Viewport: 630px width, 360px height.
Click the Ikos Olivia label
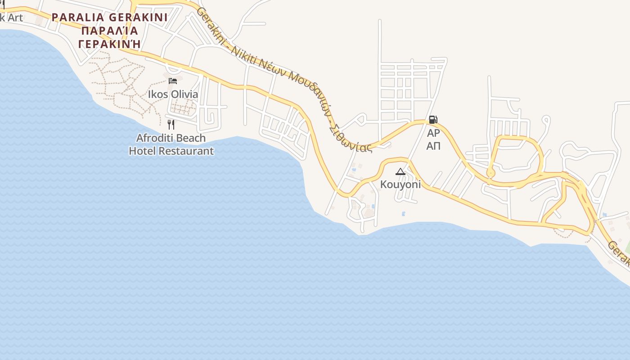coord(173,94)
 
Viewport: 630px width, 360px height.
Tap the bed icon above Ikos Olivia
coord(172,81)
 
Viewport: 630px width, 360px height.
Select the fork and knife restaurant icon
coord(171,124)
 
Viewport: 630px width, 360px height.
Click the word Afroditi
coord(155,138)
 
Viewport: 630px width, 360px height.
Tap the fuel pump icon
coord(433,120)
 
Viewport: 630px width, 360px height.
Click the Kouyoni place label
coord(400,184)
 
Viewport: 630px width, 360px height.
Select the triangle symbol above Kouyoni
coord(400,171)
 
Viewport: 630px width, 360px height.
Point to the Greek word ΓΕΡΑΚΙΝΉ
coord(109,44)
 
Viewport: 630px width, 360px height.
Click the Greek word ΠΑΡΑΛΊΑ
coord(109,31)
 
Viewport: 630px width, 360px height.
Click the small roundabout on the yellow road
coord(490,173)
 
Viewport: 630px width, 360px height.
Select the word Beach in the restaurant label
coord(190,138)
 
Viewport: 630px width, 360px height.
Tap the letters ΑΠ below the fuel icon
coord(433,146)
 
